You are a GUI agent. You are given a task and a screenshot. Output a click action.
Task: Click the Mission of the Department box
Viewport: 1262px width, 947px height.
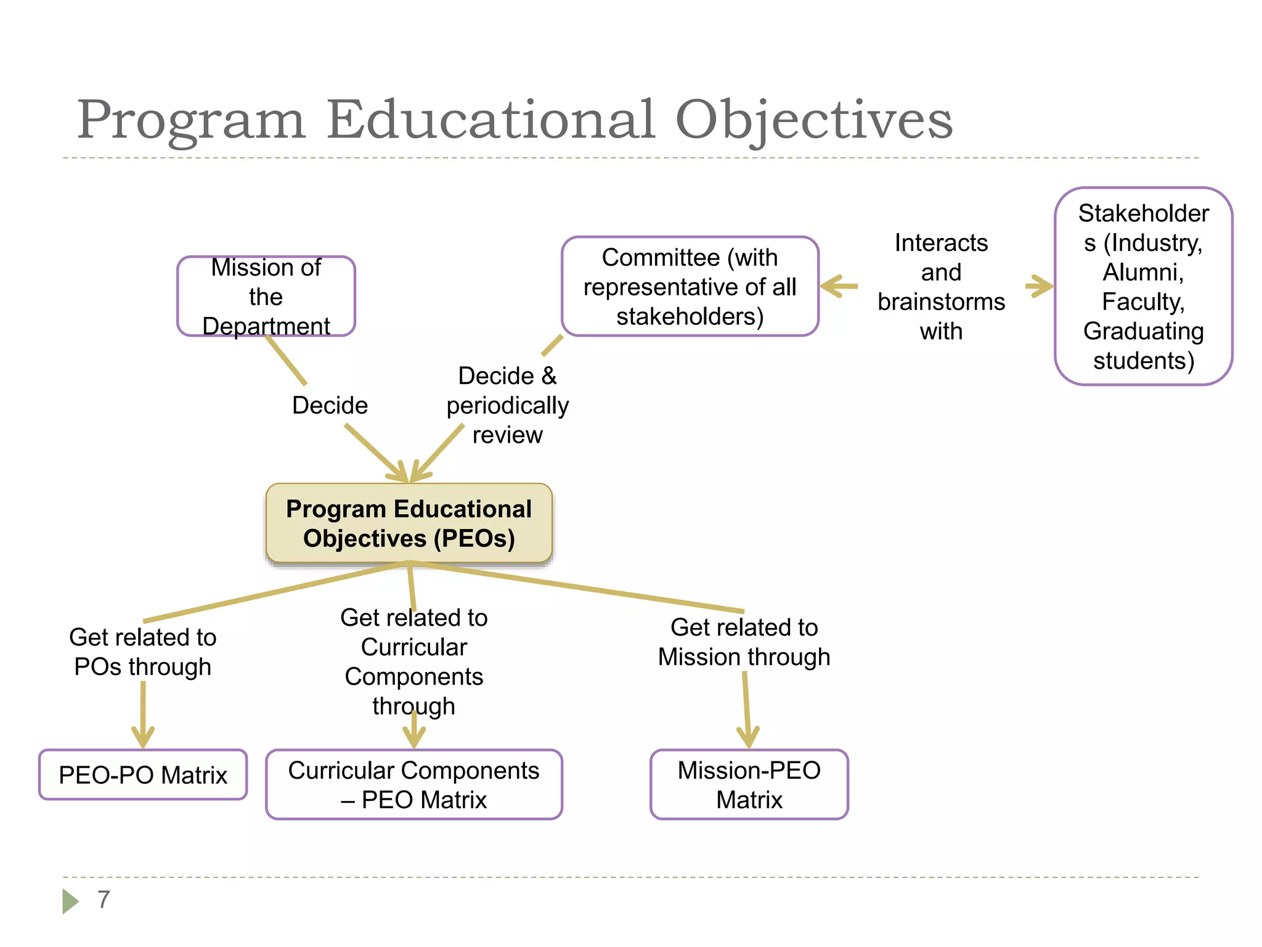point(266,297)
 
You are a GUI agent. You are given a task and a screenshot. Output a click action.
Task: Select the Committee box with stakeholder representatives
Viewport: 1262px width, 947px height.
point(690,287)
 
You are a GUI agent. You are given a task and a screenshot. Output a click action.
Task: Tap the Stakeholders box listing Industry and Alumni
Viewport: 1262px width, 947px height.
point(1143,287)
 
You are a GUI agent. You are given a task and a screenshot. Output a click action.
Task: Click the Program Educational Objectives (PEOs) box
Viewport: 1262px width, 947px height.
point(409,523)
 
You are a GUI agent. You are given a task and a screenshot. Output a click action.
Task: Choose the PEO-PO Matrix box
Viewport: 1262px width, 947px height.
point(143,775)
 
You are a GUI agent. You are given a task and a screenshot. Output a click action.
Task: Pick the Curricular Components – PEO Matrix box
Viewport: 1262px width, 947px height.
point(413,785)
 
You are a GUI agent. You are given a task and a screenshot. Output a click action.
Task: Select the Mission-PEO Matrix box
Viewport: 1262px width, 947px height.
point(749,785)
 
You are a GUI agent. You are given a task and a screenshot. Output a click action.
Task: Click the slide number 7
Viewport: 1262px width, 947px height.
point(104,900)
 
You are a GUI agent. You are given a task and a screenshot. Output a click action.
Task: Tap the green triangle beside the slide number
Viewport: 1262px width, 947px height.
point(70,901)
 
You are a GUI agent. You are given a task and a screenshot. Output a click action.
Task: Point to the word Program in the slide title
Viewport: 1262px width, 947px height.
point(191,120)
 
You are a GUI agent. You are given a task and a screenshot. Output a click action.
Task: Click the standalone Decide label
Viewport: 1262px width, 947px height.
point(330,405)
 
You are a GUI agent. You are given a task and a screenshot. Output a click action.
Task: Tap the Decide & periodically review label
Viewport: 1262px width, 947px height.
point(507,405)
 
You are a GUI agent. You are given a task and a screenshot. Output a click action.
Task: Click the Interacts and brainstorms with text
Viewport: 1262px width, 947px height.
point(941,287)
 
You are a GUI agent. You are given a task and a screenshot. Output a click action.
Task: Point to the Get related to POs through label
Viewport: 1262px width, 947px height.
point(143,652)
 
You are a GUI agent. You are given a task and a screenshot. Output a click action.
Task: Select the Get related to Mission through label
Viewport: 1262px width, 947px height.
point(744,642)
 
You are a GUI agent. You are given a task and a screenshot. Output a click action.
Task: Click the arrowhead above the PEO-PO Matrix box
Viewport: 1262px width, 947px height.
point(143,736)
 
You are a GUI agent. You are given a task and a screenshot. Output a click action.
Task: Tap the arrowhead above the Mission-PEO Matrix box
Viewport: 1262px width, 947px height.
point(748,736)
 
